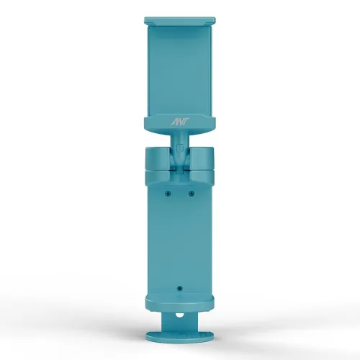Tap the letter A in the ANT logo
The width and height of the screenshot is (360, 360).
(174, 123)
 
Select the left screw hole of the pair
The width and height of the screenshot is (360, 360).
(168, 193)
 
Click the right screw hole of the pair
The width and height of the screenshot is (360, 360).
(192, 193)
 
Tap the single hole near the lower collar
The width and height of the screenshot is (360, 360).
(179, 287)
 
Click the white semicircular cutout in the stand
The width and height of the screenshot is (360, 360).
(179, 315)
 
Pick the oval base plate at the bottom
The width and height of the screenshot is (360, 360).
(179, 336)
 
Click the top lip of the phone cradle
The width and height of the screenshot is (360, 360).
(179, 21)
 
